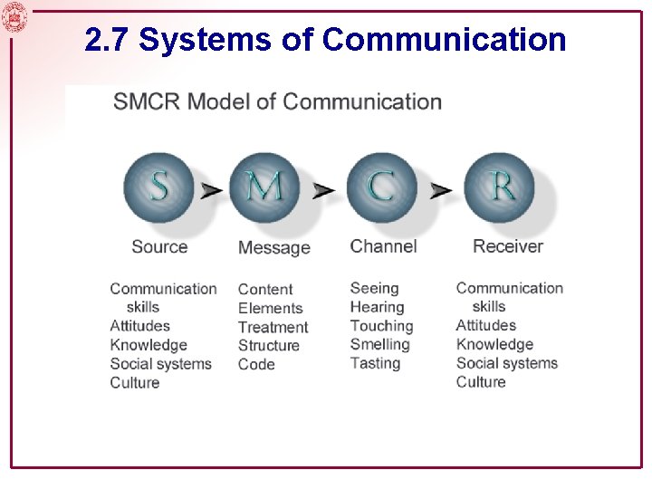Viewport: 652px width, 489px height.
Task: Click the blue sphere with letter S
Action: pos(158,187)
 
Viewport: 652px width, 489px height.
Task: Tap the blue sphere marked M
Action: pos(264,187)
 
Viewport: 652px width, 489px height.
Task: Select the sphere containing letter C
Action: pos(381,187)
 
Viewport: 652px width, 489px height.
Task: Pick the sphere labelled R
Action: pos(499,187)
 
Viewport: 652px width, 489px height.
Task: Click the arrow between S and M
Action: pos(211,190)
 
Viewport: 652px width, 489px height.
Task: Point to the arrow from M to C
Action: pos(323,190)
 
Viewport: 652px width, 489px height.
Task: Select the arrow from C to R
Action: pos(440,190)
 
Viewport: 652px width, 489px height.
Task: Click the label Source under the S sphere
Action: pos(159,246)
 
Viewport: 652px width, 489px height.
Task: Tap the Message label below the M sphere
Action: pos(273,247)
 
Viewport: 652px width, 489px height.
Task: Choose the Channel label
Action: pos(383,246)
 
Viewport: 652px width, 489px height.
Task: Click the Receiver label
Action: pos(507,246)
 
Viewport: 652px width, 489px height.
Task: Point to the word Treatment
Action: pos(273,327)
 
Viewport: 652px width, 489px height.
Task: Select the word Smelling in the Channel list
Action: pos(379,344)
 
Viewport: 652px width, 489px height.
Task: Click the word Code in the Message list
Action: pos(256,364)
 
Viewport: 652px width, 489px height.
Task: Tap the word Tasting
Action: pos(375,363)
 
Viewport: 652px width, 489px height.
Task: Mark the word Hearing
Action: pos(377,307)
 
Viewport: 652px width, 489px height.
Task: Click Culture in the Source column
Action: pos(134,383)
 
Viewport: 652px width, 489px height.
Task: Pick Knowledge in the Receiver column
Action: pos(494,344)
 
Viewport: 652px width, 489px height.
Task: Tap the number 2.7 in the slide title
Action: pos(107,41)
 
